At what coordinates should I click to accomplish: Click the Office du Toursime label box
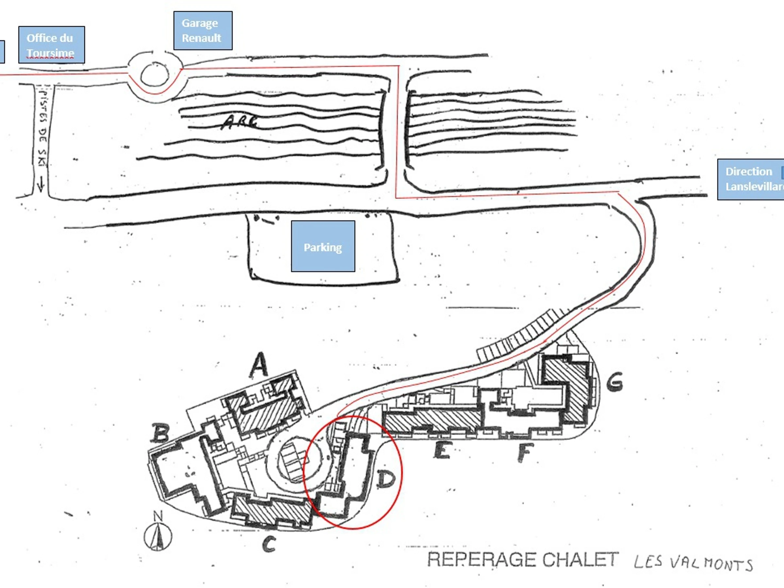pyautogui.click(x=51, y=45)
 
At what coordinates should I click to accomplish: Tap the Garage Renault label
pyautogui.click(x=203, y=30)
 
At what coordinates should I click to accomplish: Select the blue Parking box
pyautogui.click(x=323, y=246)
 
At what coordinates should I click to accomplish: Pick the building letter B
pyautogui.click(x=160, y=433)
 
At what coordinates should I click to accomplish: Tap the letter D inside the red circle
pyautogui.click(x=385, y=479)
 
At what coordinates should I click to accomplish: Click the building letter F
pyautogui.click(x=526, y=453)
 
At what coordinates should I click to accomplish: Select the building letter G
pyautogui.click(x=615, y=382)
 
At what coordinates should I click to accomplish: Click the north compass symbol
pyautogui.click(x=158, y=535)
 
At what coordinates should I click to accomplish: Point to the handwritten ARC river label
pyautogui.click(x=239, y=122)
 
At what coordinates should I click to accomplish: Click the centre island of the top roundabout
pyautogui.click(x=155, y=75)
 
